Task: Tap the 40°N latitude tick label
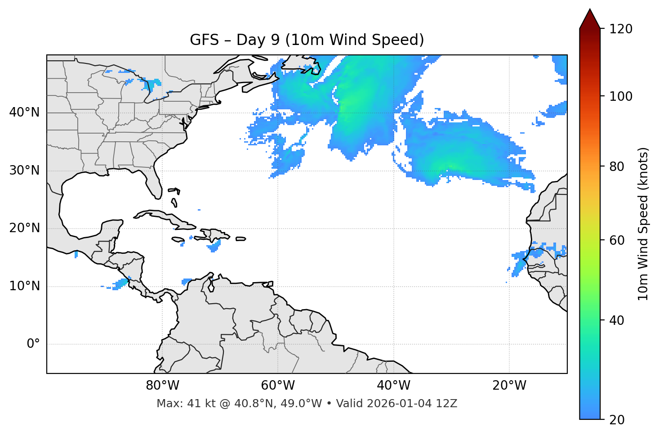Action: click(24, 112)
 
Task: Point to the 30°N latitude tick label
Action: click(24, 171)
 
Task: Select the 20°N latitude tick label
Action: click(24, 228)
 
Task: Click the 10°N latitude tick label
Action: click(24, 286)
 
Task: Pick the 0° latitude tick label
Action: click(33, 344)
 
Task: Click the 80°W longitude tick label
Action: click(162, 386)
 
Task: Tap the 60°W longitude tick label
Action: click(278, 386)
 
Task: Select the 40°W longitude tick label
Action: click(393, 386)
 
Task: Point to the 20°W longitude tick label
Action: click(509, 386)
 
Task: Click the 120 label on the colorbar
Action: click(621, 29)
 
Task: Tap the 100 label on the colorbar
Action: click(621, 96)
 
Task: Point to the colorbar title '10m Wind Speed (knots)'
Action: click(643, 224)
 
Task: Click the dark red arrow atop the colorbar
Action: click(590, 19)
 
